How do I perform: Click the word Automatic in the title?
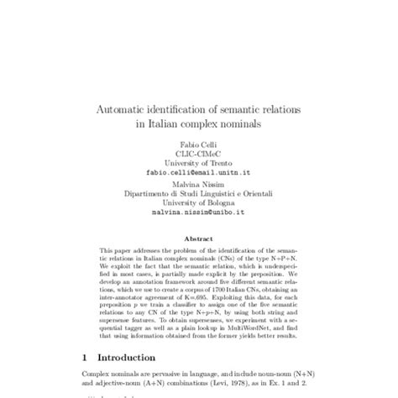click(x=131, y=110)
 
